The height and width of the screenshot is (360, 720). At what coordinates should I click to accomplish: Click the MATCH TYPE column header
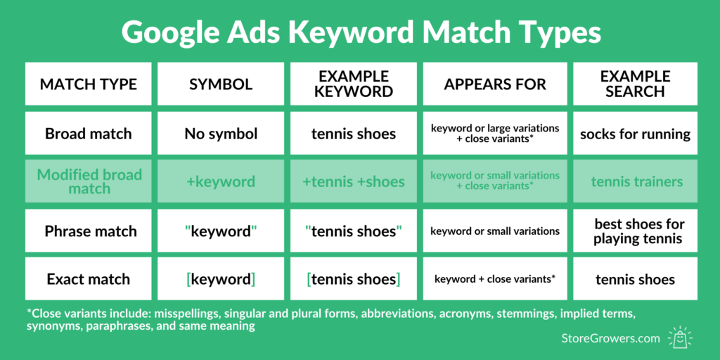pyautogui.click(x=88, y=84)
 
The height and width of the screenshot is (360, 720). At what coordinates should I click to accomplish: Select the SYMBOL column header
pyautogui.click(x=221, y=84)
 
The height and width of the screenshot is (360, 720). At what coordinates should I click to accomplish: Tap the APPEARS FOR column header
pyautogui.click(x=495, y=84)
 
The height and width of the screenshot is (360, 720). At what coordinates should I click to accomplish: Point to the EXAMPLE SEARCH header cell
pyautogui.click(x=635, y=84)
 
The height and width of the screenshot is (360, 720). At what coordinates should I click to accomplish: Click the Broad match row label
pyautogui.click(x=88, y=134)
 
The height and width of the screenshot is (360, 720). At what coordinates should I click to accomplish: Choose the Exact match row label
pyautogui.click(x=88, y=279)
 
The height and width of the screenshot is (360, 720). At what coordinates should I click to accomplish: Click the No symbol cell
pyautogui.click(x=221, y=134)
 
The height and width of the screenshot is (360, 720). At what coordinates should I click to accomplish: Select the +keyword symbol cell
pyautogui.click(x=221, y=181)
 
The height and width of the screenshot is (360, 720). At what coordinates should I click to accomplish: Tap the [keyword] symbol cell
pyautogui.click(x=221, y=279)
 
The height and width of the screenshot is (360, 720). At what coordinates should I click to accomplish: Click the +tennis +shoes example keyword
pyautogui.click(x=354, y=181)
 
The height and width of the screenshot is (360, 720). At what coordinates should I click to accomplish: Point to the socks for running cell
pyautogui.click(x=635, y=134)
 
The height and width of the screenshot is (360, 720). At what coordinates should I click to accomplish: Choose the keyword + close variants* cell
pyautogui.click(x=495, y=279)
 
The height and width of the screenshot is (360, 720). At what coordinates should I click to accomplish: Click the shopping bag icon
pyautogui.click(x=681, y=337)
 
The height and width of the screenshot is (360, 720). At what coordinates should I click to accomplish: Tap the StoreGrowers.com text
pyautogui.click(x=611, y=338)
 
